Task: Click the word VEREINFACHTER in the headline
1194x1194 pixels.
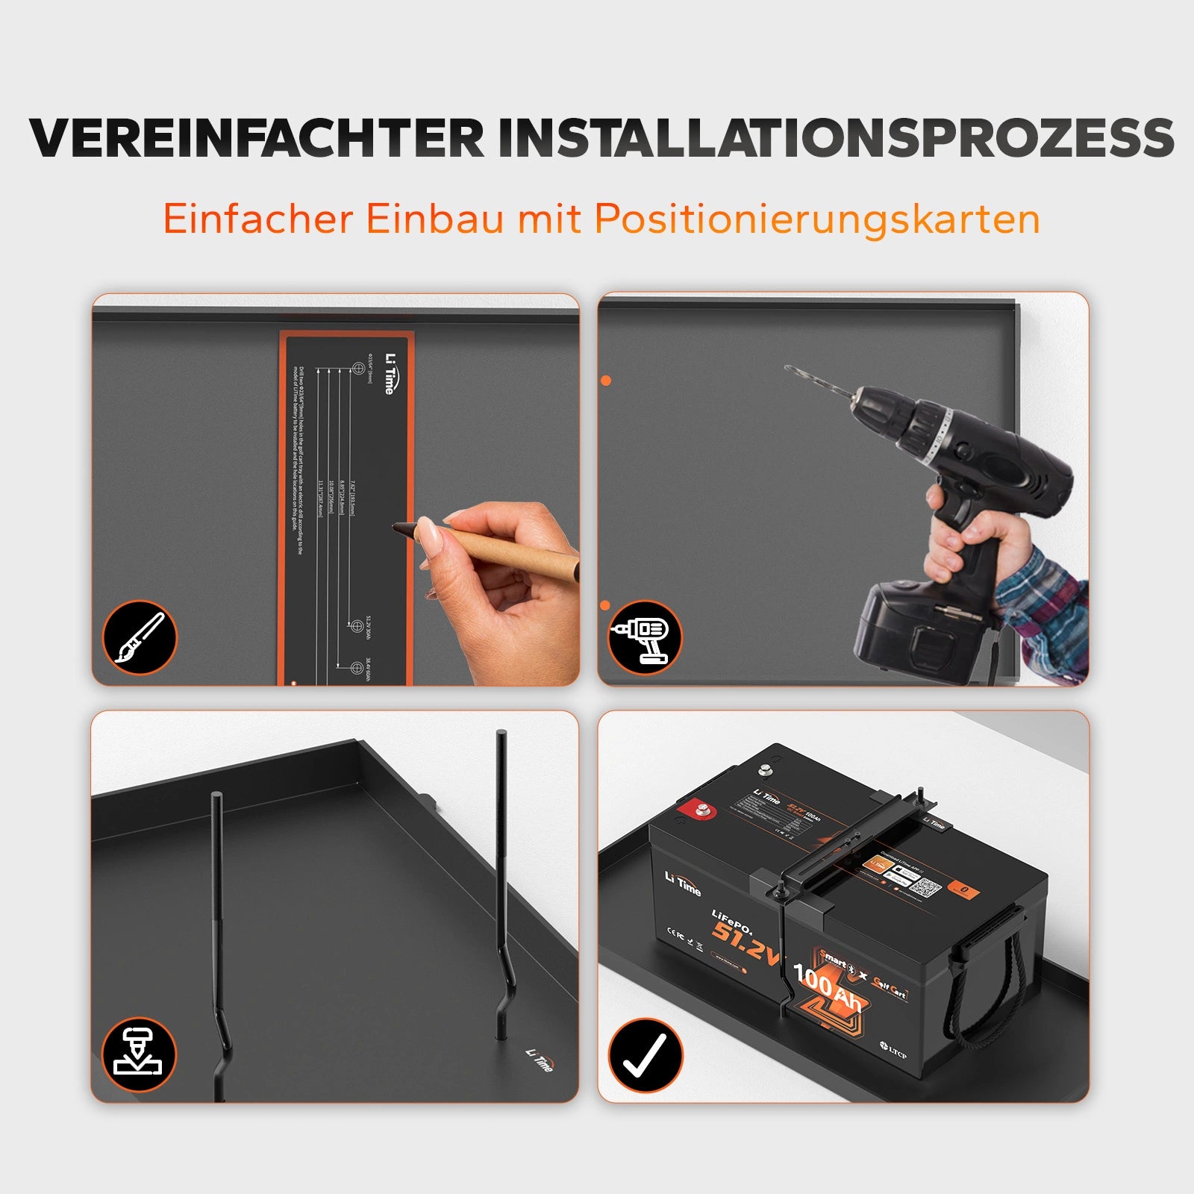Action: pyautogui.click(x=257, y=138)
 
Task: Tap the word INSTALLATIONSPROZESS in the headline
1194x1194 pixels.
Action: pyautogui.click(x=836, y=138)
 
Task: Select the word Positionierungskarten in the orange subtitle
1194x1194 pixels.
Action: pyautogui.click(x=817, y=219)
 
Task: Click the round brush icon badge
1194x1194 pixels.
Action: pyautogui.click(x=140, y=637)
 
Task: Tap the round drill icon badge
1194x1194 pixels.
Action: pyautogui.click(x=645, y=637)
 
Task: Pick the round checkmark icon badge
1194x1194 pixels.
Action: pyautogui.click(x=645, y=1055)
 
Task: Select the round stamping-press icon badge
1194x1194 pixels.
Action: pyautogui.click(x=140, y=1054)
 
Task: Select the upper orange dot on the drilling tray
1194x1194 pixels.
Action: pyautogui.click(x=606, y=381)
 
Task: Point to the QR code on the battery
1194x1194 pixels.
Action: pyautogui.click(x=925, y=889)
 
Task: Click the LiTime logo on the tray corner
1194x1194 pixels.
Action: pyautogui.click(x=540, y=1060)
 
